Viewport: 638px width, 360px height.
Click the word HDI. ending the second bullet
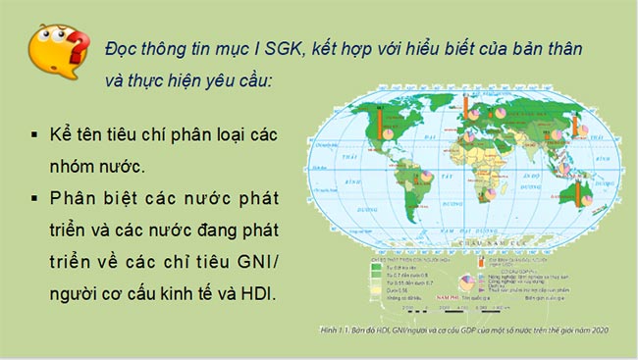tap(261, 294)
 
